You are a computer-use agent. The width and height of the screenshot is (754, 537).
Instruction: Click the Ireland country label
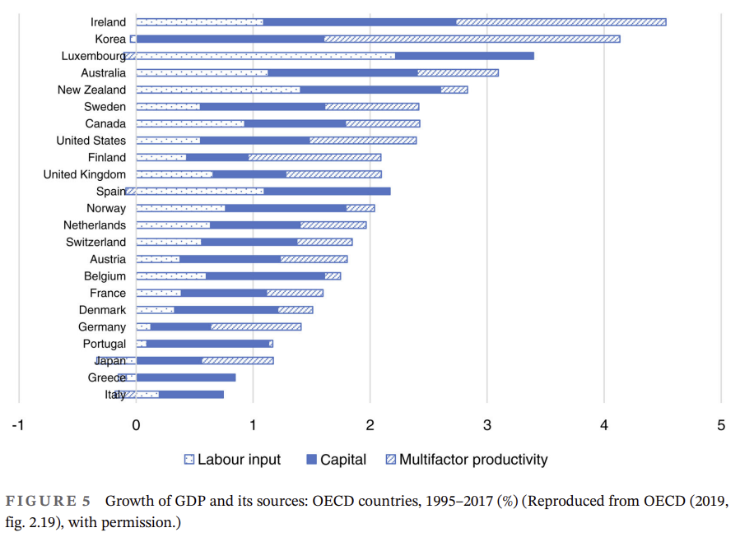pyautogui.click(x=108, y=22)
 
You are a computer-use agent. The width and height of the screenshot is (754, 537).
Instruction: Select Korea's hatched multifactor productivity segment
pyautogui.click(x=472, y=39)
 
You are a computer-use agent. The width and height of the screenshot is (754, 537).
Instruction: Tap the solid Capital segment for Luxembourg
pyautogui.click(x=464, y=56)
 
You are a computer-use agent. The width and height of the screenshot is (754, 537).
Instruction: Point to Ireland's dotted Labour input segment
pyautogui.click(x=199, y=22)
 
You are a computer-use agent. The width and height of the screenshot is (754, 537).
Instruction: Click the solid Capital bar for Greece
pyautogui.click(x=186, y=377)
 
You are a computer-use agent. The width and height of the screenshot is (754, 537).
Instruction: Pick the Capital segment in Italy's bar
pyautogui.click(x=191, y=395)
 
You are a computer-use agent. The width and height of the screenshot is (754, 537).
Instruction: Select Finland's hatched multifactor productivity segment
pyautogui.click(x=314, y=157)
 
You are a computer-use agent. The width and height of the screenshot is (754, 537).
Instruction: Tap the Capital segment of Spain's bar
pyautogui.click(x=327, y=192)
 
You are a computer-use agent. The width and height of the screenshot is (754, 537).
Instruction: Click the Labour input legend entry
pyautogui.click(x=232, y=460)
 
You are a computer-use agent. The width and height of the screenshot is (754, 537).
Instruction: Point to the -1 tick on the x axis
pyautogui.click(x=16, y=424)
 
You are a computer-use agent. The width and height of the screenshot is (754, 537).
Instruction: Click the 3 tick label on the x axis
pyautogui.click(x=486, y=424)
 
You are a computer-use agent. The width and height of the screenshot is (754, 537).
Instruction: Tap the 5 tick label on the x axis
pyautogui.click(x=721, y=424)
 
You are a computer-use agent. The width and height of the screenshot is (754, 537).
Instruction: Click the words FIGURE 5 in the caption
pyautogui.click(x=50, y=501)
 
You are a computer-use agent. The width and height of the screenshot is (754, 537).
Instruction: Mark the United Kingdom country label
pyautogui.click(x=85, y=174)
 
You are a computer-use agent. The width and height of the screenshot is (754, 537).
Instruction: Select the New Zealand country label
pyautogui.click(x=91, y=90)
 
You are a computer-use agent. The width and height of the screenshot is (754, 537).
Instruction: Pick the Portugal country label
pyautogui.click(x=105, y=344)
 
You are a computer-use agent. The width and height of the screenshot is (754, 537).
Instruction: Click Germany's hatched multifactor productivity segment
pyautogui.click(x=256, y=326)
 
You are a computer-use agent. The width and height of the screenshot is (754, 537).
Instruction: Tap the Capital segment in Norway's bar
pyautogui.click(x=285, y=208)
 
